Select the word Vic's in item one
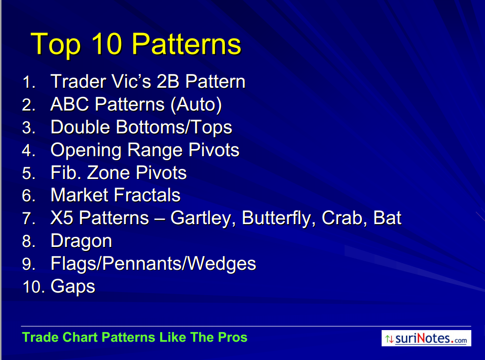click(x=131, y=82)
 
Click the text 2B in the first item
click(x=168, y=82)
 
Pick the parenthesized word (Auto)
click(x=196, y=104)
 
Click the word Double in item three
click(x=80, y=127)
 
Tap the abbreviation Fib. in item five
click(x=66, y=172)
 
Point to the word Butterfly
click(x=278, y=219)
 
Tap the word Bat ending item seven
click(x=387, y=218)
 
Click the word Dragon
click(x=81, y=241)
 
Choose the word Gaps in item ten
click(x=72, y=286)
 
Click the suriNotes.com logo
click(x=426, y=338)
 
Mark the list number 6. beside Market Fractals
click(x=29, y=196)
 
